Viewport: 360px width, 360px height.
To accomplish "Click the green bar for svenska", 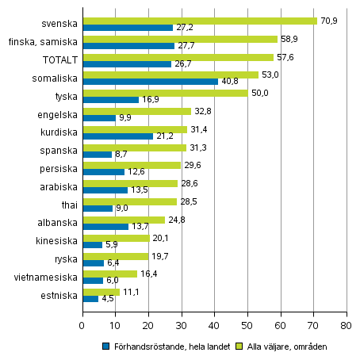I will click(198, 20).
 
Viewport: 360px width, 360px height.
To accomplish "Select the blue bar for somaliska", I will click(149, 82).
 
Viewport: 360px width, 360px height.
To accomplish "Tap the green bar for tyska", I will click(164, 93).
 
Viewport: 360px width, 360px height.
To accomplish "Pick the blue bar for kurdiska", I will click(117, 136).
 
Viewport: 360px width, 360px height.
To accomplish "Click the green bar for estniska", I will click(101, 292).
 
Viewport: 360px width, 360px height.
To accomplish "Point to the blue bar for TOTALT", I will click(126, 63).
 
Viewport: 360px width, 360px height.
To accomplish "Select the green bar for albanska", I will click(123, 220).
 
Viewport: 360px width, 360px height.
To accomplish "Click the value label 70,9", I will click(327, 20).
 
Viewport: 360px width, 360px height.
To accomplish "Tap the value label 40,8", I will click(230, 82).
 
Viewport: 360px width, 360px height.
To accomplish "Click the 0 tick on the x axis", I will click(82, 325).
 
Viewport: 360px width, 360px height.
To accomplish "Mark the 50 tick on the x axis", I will click(247, 325).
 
